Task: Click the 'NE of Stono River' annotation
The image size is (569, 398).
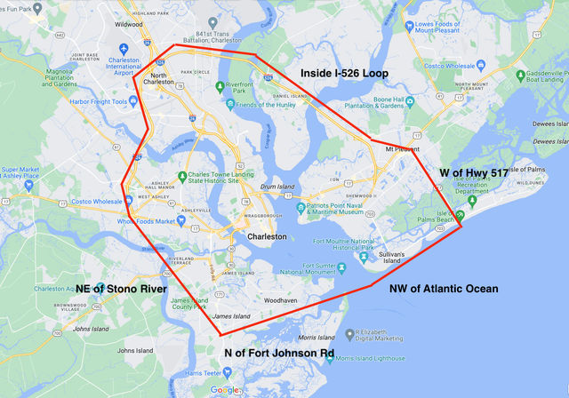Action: [x=122, y=289]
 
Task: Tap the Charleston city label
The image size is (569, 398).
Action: [x=267, y=237]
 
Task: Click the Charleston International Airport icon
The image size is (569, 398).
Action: [x=123, y=46]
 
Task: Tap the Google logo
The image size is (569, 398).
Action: [x=224, y=390]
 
